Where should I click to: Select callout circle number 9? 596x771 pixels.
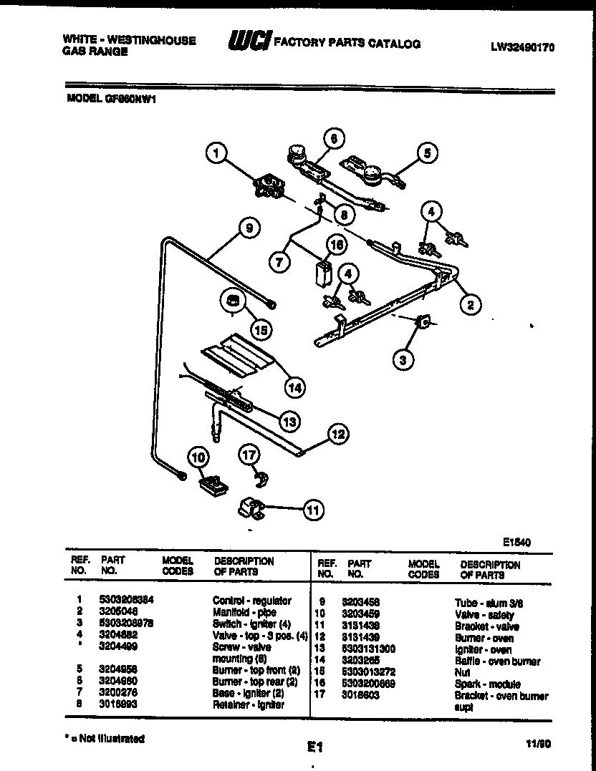point(248,229)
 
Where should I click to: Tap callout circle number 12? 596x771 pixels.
point(339,433)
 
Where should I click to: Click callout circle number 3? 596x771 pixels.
point(403,360)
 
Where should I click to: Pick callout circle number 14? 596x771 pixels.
point(294,387)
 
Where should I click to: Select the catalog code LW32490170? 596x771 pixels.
point(523,48)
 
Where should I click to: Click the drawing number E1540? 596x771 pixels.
point(516,543)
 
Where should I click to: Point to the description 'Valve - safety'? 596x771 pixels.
point(484,615)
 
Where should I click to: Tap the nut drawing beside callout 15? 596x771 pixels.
point(232,300)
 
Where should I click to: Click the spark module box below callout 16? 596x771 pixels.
point(323,273)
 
